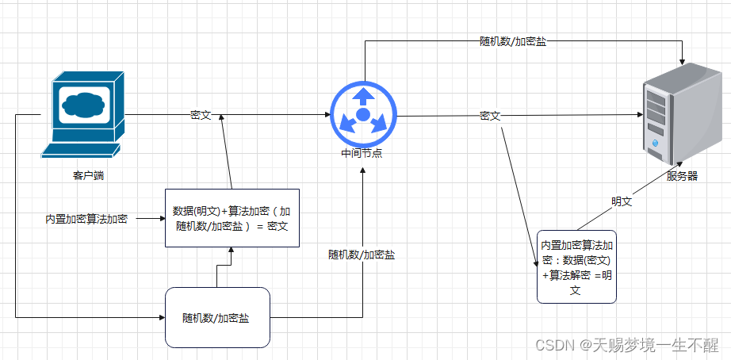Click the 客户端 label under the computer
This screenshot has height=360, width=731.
point(88,175)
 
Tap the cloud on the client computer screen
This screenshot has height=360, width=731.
point(83,104)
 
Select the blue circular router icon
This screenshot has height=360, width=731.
point(362,115)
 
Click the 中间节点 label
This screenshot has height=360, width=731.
point(362,153)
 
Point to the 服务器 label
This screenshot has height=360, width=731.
point(682,176)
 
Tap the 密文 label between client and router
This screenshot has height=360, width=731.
point(201,115)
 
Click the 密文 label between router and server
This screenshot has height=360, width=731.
point(490,116)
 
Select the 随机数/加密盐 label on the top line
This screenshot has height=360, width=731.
point(513,41)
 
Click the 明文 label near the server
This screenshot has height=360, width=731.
point(621,201)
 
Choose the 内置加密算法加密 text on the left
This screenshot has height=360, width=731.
point(86,218)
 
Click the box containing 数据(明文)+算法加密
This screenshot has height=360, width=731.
point(232,218)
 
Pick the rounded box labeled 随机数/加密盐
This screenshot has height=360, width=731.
point(217,317)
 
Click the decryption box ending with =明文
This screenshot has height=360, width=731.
point(576,266)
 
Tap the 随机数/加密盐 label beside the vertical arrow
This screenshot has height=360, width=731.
point(362,255)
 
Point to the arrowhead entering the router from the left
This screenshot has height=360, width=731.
point(327,115)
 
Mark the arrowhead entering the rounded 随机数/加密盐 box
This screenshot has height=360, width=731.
point(161,317)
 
